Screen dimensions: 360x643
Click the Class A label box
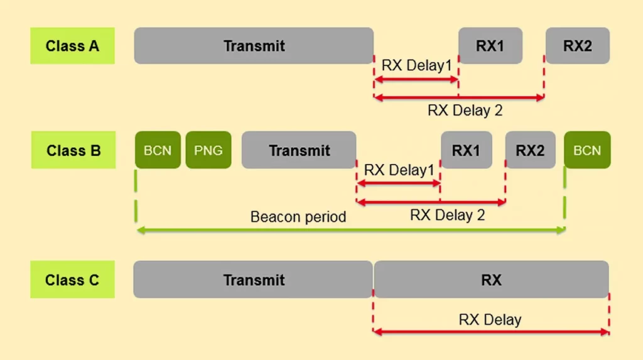pyautogui.click(x=72, y=45)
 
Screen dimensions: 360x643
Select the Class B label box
pyautogui.click(x=73, y=151)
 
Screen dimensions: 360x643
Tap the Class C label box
pyautogui.click(x=72, y=280)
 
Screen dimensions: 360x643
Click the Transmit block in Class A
pyautogui.click(x=254, y=45)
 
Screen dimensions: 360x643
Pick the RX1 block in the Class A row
pyautogui.click(x=490, y=45)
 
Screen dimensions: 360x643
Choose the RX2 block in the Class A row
pyautogui.click(x=577, y=45)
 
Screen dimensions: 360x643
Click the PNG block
pyautogui.click(x=208, y=151)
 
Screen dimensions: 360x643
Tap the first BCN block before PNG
pyautogui.click(x=158, y=151)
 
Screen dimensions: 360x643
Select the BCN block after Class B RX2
pyautogui.click(x=587, y=151)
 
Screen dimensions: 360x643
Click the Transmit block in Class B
pyautogui.click(x=299, y=151)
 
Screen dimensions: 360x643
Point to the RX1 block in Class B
pyautogui.click(x=466, y=151)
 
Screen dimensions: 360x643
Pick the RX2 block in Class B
pyautogui.click(x=530, y=151)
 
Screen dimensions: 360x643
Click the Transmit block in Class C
pyautogui.click(x=253, y=280)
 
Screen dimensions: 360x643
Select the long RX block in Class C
pyautogui.click(x=491, y=280)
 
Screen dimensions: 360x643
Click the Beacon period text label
pyautogui.click(x=298, y=217)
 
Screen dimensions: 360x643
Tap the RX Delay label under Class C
pyautogui.click(x=490, y=320)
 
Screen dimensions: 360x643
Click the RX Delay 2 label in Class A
pyautogui.click(x=465, y=111)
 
